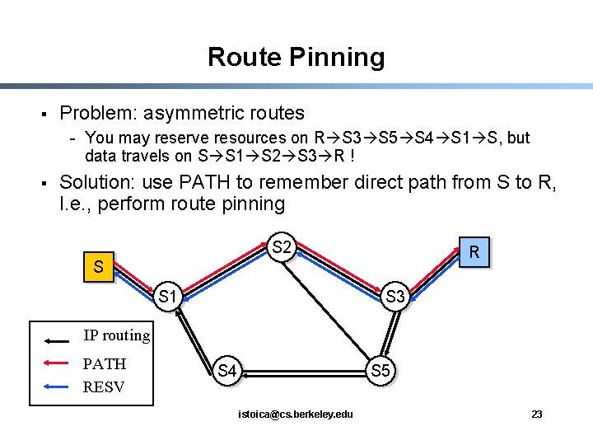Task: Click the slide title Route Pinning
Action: [x=296, y=57]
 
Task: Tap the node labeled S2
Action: [x=282, y=247]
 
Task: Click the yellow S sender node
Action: [x=98, y=266]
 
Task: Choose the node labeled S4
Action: [x=227, y=372]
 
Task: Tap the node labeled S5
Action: [x=381, y=371]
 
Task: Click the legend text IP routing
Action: [x=116, y=335]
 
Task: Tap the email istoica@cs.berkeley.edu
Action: [x=296, y=414]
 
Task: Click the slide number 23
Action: [x=536, y=414]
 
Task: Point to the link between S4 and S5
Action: [x=303, y=372]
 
